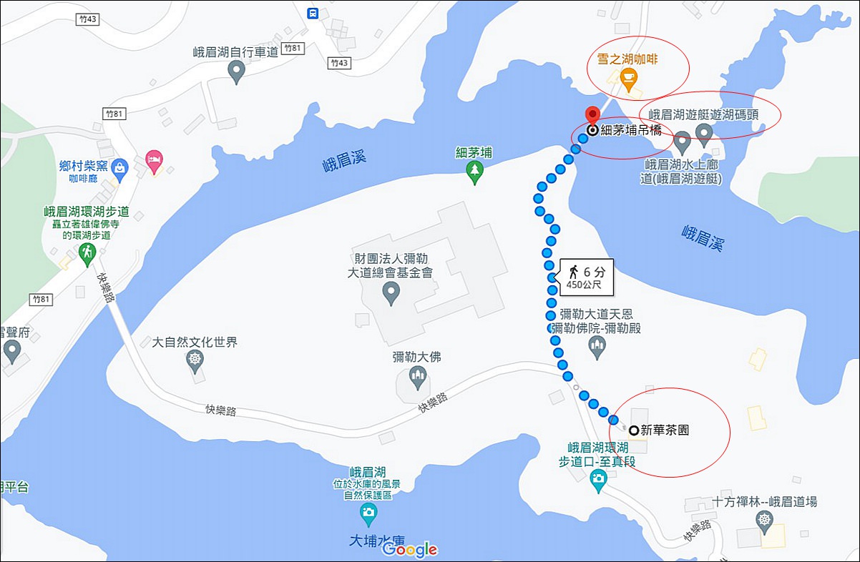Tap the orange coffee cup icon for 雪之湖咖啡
[628, 80]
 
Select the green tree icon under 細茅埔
[474, 171]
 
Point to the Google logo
[409, 549]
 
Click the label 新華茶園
[665, 430]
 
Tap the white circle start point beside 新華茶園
[633, 430]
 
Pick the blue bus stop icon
[313, 13]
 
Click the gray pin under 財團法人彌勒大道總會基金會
[391, 292]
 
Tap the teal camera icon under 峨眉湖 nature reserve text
[368, 513]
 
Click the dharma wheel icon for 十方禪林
[765, 520]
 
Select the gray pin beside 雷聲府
[12, 350]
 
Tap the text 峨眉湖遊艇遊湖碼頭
[704, 114]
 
